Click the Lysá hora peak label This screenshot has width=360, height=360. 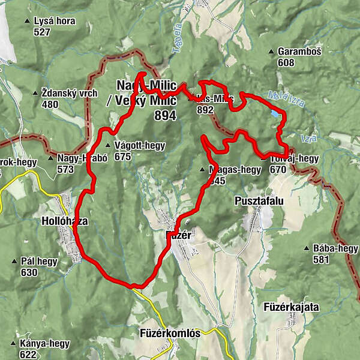tap(55, 21)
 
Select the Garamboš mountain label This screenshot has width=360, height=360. tap(299, 52)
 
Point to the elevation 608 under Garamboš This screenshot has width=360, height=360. tap(286, 62)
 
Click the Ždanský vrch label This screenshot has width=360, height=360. tap(70, 93)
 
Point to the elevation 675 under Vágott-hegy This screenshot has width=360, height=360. tap(122, 157)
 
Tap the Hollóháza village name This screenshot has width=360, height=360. tap(64, 221)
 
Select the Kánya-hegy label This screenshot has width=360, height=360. tap(44, 344)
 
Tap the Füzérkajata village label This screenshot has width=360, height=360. tap(291, 307)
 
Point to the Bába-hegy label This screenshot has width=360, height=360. tap(335, 249)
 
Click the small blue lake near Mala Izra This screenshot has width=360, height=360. tap(274, 112)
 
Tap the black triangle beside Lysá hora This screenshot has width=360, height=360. tap(26, 21)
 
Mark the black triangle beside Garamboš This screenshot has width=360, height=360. tap(271, 52)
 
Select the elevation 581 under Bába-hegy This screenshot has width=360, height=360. tap(321, 260)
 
